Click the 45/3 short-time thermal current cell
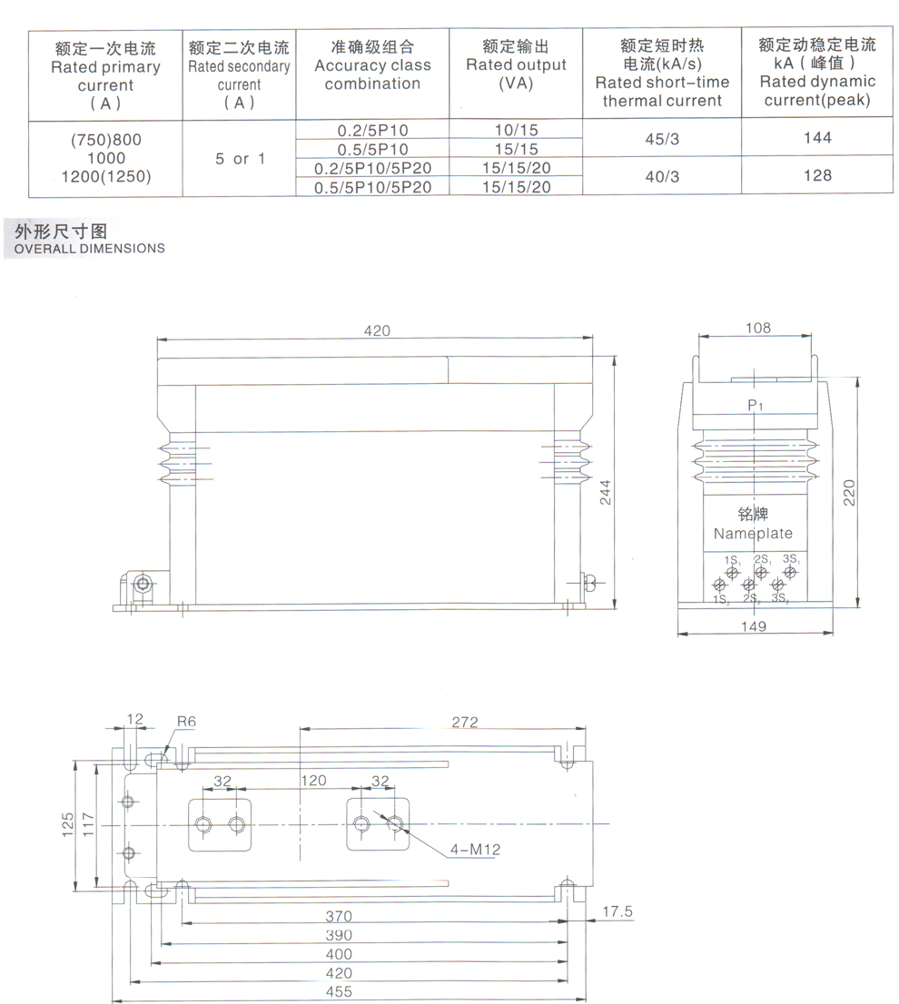(x=662, y=138)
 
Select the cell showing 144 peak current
(x=817, y=137)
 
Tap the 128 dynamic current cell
(x=817, y=175)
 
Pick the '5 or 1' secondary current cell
(x=240, y=158)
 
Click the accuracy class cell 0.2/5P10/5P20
(x=372, y=168)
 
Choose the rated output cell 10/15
(x=516, y=129)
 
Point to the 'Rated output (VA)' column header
(x=516, y=64)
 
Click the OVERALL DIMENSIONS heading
(x=89, y=249)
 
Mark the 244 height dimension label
(x=605, y=492)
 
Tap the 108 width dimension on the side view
(x=758, y=328)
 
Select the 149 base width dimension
(x=754, y=625)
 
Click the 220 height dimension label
(x=849, y=492)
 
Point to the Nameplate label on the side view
(x=753, y=533)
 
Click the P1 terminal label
(x=756, y=405)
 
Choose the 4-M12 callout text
(x=475, y=849)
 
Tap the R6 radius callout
(x=186, y=721)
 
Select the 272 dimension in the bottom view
(x=465, y=722)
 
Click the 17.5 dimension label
(x=617, y=910)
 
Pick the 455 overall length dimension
(x=339, y=991)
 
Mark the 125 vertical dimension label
(x=68, y=824)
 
